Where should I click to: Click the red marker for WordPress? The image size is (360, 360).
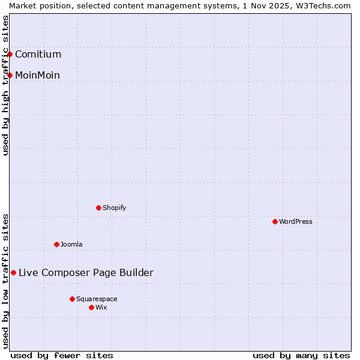pos(275,221)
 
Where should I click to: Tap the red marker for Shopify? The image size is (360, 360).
pos(98,208)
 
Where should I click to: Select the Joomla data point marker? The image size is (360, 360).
pos(56,244)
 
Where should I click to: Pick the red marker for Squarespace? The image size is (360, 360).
pos(72,299)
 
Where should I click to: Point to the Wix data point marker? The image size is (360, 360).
pos(91,307)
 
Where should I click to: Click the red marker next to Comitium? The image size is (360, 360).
pos(10,55)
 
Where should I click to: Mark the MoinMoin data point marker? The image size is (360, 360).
pos(10,75)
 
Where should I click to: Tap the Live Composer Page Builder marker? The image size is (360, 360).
pos(13,272)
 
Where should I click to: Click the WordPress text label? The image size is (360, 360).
pos(296,221)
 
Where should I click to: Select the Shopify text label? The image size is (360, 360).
pos(114,208)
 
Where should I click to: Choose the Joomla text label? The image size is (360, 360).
pos(71,244)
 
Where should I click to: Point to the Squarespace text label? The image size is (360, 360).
pos(97,299)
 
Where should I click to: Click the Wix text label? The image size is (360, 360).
pos(101,307)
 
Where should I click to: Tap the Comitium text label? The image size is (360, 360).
pos(38,55)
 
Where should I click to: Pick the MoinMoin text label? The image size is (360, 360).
pos(37,75)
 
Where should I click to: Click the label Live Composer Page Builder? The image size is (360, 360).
pos(86,272)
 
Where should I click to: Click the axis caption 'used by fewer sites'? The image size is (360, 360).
pos(62,355)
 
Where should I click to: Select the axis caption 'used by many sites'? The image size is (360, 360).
pos(301,355)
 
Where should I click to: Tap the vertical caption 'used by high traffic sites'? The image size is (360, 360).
pos(5,85)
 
